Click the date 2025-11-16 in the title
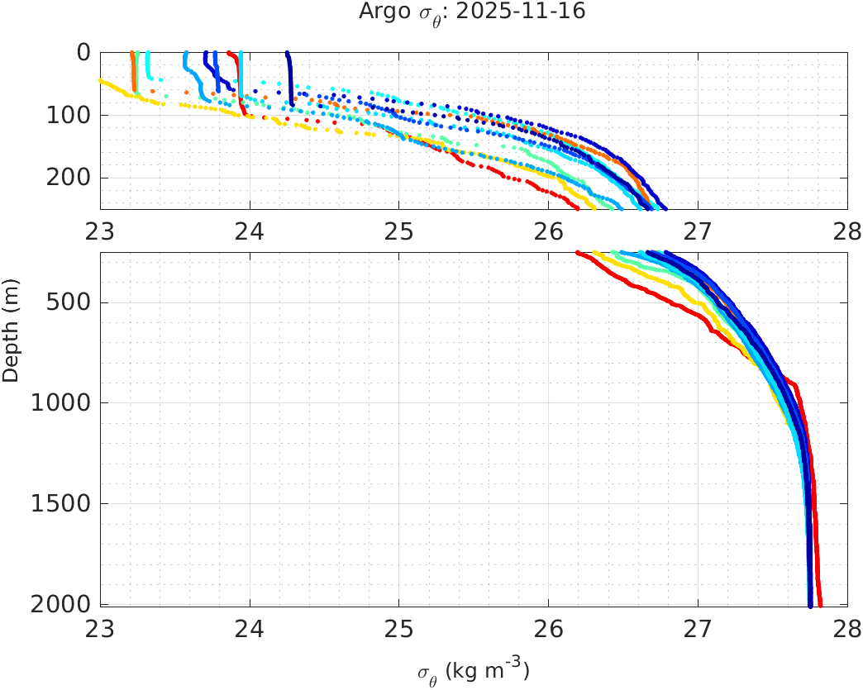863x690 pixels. coord(538,12)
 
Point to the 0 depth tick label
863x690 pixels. coord(83,52)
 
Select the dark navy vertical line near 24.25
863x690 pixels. coord(288,74)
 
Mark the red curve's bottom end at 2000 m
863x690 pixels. coord(819,604)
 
